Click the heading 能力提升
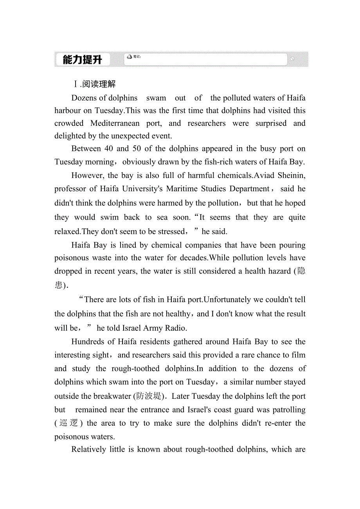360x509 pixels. tap(82, 60)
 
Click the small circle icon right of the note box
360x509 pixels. tap(292, 59)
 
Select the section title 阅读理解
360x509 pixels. tap(99, 84)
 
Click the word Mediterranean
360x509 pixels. tap(115, 123)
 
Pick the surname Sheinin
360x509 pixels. tap(292, 175)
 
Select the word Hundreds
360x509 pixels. tap(88, 342)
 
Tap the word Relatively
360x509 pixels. tap(90, 450)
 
